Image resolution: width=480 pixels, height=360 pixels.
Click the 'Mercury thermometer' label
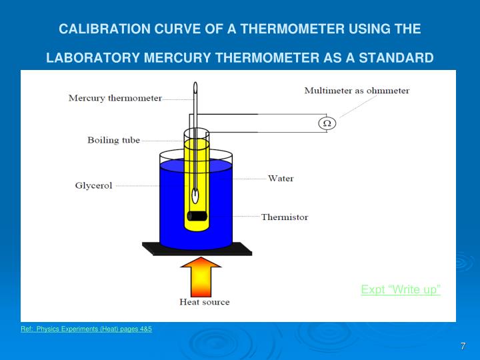pos(115,98)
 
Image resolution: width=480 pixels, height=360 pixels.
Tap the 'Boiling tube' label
pos(113,140)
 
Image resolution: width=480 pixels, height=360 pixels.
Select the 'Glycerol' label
pos(93,185)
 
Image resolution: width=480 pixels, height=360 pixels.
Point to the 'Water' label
pos(281,179)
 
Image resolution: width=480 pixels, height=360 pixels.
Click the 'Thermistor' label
pos(285,217)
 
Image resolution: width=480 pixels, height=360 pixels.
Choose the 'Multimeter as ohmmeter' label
pos(357,90)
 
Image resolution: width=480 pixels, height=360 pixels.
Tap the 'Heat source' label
pos(205,302)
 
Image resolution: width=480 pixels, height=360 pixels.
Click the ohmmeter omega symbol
pos(327,123)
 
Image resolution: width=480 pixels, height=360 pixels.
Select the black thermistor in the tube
pos(198,216)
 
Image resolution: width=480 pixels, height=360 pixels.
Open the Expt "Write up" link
pos(401,289)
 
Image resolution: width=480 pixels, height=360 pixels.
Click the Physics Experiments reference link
pos(87,329)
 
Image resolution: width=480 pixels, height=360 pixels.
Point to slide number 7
pos(463,346)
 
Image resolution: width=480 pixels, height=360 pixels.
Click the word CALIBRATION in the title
pos(99,29)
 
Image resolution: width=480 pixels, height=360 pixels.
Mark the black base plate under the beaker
pos(197,249)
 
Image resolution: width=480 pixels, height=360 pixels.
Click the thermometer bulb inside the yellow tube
pos(195,196)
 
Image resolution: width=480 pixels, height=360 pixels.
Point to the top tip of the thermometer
pos(195,85)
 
